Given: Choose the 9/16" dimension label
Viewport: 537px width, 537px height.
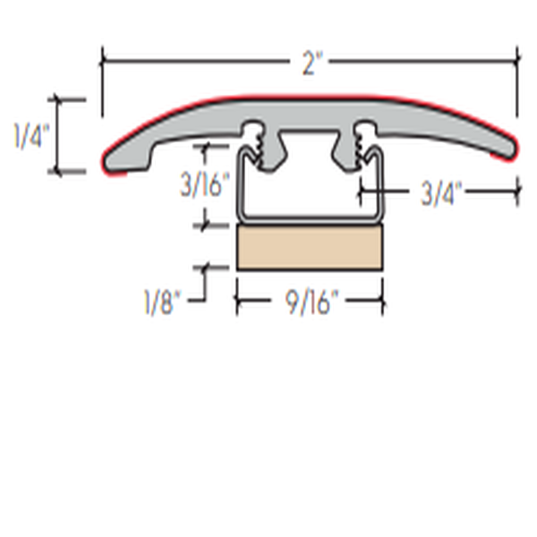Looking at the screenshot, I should tap(310, 303).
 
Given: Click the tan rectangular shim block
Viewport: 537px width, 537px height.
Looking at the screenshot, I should tap(310, 247).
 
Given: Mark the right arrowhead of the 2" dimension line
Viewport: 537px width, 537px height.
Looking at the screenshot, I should tap(516, 61).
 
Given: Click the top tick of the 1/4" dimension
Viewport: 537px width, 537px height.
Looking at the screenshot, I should tap(60, 99).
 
